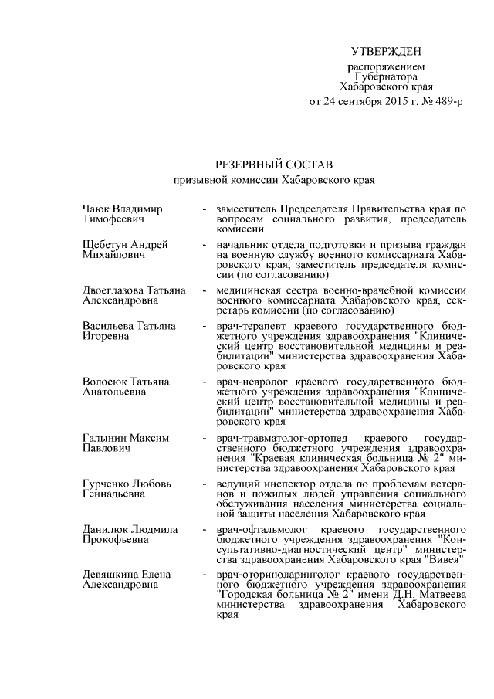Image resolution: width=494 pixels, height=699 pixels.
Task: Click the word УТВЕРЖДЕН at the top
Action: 386,52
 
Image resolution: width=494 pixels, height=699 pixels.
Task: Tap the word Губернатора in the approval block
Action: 386,77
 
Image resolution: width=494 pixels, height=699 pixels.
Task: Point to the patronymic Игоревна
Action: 107,336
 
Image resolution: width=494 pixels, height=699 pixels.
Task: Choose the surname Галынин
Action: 104,438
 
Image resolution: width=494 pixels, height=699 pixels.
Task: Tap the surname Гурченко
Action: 105,484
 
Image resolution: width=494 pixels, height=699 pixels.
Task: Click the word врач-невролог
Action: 250,382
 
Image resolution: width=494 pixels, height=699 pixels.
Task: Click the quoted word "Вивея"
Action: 444,558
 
